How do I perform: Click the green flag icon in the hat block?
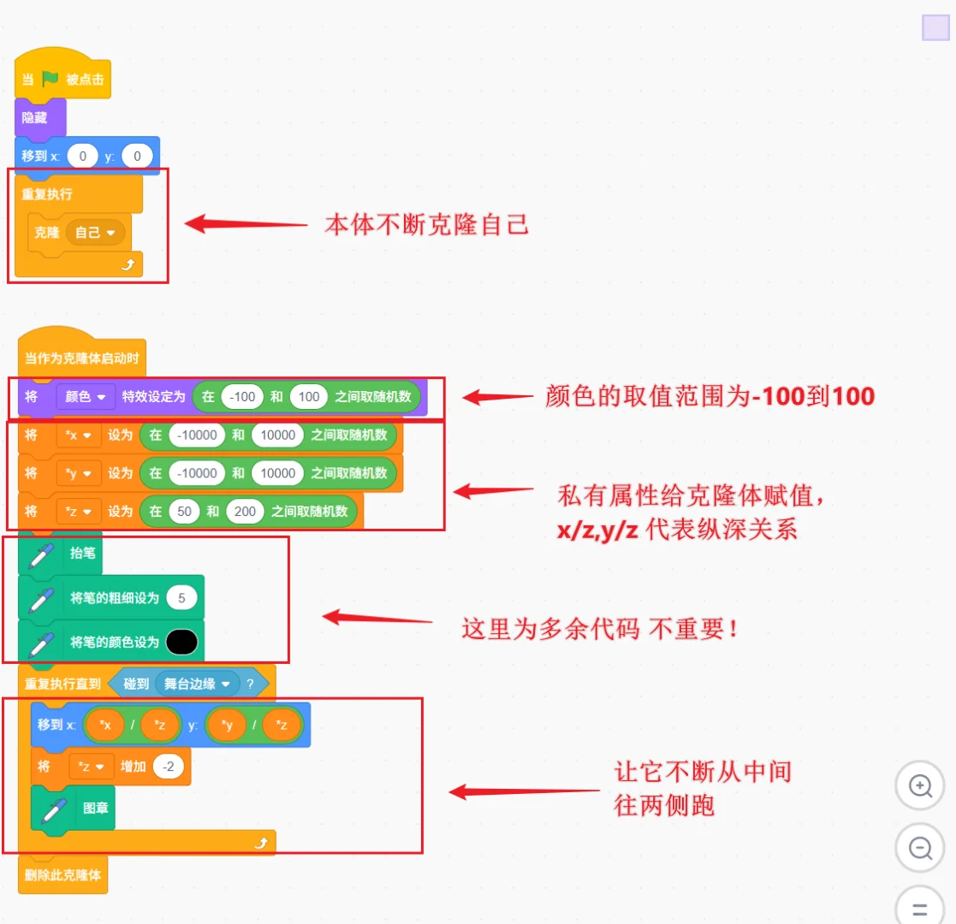[x=50, y=79]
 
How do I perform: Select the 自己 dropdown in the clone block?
[x=95, y=232]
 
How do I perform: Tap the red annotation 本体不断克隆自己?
[x=426, y=225]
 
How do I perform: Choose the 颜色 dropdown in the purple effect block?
[x=86, y=397]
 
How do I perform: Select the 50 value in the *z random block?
[x=183, y=512]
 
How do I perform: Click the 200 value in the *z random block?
[x=244, y=512]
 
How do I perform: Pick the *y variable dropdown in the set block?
[x=79, y=473]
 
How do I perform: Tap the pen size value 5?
[x=181, y=597]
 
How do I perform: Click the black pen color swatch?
[x=181, y=642]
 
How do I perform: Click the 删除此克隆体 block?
[x=63, y=874]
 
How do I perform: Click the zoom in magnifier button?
[x=920, y=786]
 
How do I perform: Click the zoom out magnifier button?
[x=920, y=849]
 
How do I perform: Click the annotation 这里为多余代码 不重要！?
[x=600, y=629]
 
